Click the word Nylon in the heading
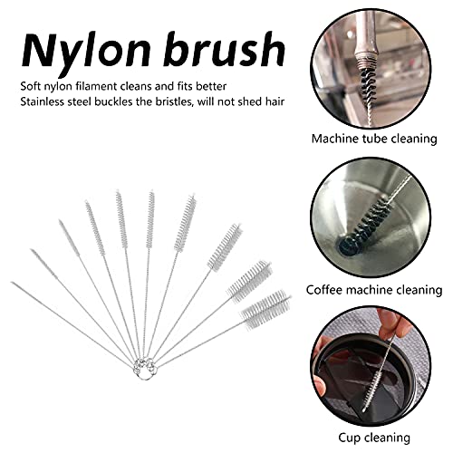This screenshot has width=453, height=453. [x=86, y=52]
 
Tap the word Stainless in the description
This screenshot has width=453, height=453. [x=43, y=101]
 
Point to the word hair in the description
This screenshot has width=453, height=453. [x=275, y=101]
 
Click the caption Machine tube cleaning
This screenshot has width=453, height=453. [x=374, y=139]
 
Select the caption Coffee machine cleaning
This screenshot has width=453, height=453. [x=374, y=290]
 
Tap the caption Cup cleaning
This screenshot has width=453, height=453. [x=374, y=438]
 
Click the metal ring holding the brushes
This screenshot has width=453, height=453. [x=146, y=368]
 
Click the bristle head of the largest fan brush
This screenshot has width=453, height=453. [x=265, y=310]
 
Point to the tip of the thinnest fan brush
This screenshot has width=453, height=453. [x=12, y=283]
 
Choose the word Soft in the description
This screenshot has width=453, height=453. [x=31, y=86]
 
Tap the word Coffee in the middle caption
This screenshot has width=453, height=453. [x=324, y=290]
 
